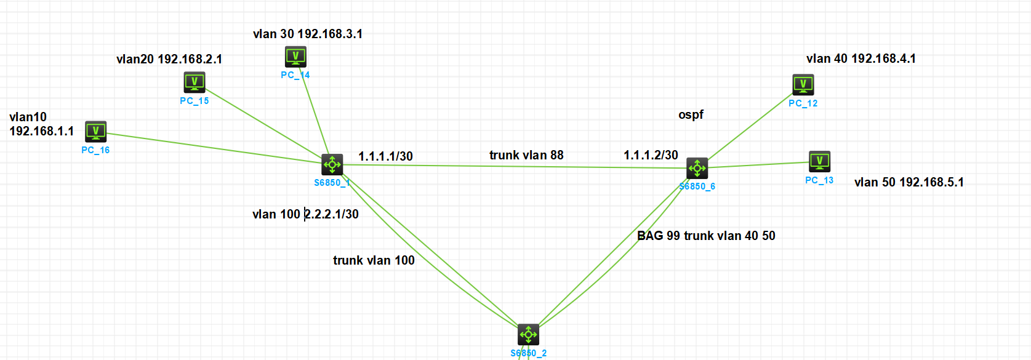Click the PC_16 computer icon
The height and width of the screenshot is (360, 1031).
coord(96,131)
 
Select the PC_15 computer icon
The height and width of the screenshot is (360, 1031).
coord(195,82)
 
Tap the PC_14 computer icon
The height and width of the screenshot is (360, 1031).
coord(295,57)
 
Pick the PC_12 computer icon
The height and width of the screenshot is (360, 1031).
coord(803,84)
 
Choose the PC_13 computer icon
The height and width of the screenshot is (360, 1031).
coord(819,161)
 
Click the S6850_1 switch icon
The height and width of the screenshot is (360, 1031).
coord(332,164)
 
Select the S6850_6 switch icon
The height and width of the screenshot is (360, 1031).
coord(697,167)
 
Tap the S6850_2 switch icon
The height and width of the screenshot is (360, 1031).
coord(528,335)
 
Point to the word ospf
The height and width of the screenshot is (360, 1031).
coord(691,115)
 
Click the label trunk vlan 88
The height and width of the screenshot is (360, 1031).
coord(526,155)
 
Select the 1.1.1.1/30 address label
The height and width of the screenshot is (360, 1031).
coord(386,156)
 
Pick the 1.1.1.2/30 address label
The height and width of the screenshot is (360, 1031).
coord(651,155)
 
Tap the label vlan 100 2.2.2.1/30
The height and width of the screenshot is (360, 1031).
coord(305,214)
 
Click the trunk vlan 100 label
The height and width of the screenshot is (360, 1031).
coord(374,260)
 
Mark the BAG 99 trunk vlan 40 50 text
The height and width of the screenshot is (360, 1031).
coord(706,236)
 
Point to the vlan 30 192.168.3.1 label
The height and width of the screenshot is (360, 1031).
coord(308,34)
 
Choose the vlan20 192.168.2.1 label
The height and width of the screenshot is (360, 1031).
coord(169,59)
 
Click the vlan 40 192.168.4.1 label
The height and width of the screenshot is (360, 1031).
coord(861,58)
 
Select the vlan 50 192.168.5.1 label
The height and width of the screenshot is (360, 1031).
coord(909,182)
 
